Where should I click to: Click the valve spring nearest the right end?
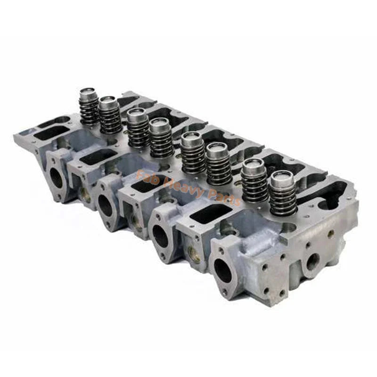[283, 193]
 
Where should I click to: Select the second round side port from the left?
[105, 205]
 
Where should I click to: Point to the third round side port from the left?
[161, 236]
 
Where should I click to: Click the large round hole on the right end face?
[313, 261]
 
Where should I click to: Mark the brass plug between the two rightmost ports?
[193, 252]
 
